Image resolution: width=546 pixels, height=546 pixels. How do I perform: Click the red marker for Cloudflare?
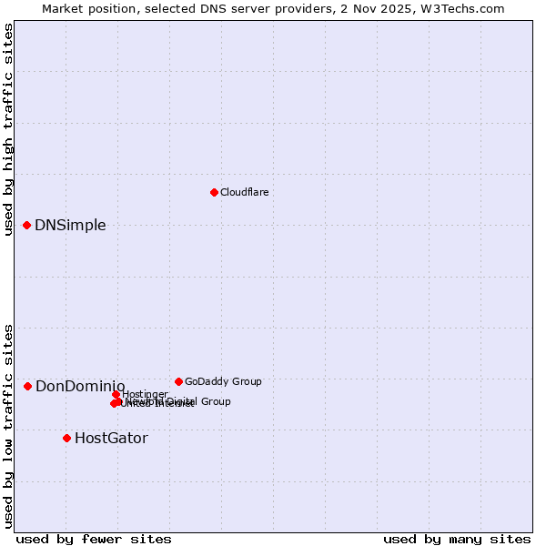pyautogui.click(x=214, y=192)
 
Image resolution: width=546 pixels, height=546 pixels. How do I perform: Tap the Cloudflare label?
pyautogui.click(x=244, y=193)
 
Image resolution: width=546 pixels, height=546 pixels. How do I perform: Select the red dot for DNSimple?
pyautogui.click(x=27, y=225)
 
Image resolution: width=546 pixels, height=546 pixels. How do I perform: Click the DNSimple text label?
pyautogui.click(x=70, y=226)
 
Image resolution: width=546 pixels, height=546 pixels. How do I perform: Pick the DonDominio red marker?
pyautogui.click(x=28, y=387)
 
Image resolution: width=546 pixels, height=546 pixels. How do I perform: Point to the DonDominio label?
pyautogui.click(x=80, y=387)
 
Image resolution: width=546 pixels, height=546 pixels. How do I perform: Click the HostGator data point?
pyautogui.click(x=66, y=438)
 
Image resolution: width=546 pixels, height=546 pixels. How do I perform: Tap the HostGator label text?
pyautogui.click(x=111, y=439)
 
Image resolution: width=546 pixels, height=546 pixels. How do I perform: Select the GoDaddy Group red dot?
pyautogui.click(x=178, y=381)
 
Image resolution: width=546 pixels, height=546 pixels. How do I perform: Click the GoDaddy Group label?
pyautogui.click(x=223, y=382)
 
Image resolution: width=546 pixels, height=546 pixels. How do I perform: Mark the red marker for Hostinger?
pyautogui.click(x=116, y=394)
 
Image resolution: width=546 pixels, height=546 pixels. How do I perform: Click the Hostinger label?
pyautogui.click(x=145, y=394)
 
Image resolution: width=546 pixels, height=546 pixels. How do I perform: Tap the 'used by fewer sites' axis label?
pyautogui.click(x=94, y=539)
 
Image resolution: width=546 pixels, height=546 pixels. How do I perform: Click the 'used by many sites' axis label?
pyautogui.click(x=457, y=539)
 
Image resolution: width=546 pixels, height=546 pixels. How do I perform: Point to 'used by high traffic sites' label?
pyautogui.click(x=8, y=129)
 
